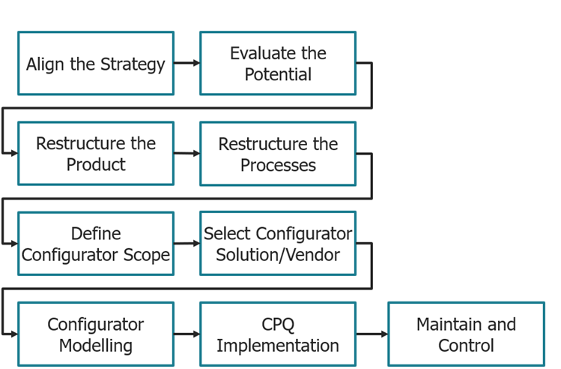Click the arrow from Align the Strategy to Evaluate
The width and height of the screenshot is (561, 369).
click(187, 64)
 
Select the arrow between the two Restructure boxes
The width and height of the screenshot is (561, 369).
click(187, 154)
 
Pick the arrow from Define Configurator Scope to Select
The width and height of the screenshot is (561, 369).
click(187, 243)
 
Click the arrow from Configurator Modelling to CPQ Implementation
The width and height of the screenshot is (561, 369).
click(187, 334)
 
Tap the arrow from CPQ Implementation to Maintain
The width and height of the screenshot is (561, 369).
click(372, 334)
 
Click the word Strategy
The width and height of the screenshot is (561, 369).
click(133, 64)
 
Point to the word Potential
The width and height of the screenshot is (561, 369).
click(278, 75)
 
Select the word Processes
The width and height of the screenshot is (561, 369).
click(278, 165)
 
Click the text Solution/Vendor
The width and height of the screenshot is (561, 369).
click(278, 255)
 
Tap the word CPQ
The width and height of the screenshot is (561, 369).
click(278, 325)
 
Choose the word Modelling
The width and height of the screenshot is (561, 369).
click(96, 346)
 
